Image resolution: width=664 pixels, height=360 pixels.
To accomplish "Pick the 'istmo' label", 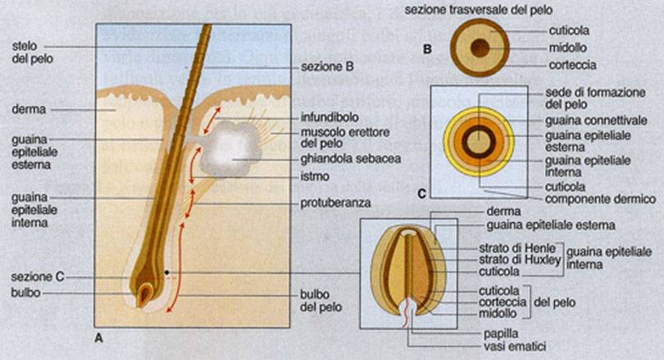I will (313, 176).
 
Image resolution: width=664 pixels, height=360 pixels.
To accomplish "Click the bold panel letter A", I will (98, 336).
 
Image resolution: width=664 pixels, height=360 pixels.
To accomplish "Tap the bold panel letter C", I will (421, 194).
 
